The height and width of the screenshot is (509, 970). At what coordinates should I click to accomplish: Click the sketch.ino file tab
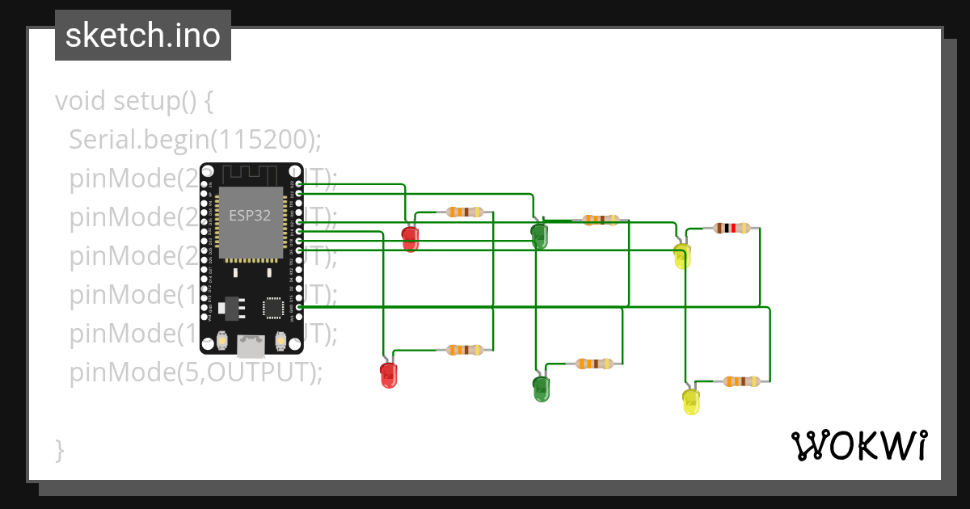(x=143, y=36)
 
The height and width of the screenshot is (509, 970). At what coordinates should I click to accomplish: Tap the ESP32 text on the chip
(x=249, y=216)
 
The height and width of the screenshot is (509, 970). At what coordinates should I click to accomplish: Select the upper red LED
(x=411, y=238)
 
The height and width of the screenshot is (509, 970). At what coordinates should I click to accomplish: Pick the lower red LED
(x=389, y=375)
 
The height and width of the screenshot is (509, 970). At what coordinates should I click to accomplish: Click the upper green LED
(x=539, y=236)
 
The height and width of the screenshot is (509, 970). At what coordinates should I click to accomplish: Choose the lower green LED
(x=541, y=389)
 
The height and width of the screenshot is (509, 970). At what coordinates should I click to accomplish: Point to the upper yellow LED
(x=682, y=256)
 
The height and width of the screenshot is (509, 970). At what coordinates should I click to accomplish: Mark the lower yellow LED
(x=691, y=402)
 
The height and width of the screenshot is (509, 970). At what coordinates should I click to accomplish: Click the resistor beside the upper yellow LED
(x=732, y=228)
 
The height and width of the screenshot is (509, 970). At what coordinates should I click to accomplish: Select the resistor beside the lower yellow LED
(x=741, y=381)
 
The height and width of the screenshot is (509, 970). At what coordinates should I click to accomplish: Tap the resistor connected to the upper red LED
(x=465, y=212)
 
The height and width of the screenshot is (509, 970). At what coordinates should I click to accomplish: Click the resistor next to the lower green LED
(x=594, y=364)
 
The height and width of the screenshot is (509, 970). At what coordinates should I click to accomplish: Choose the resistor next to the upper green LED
(x=601, y=219)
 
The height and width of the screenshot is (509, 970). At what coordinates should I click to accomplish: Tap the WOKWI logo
(x=858, y=445)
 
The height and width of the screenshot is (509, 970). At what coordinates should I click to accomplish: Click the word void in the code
(x=81, y=102)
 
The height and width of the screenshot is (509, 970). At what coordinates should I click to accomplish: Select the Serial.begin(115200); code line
(x=195, y=140)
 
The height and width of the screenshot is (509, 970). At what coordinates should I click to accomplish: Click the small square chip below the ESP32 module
(x=272, y=308)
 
